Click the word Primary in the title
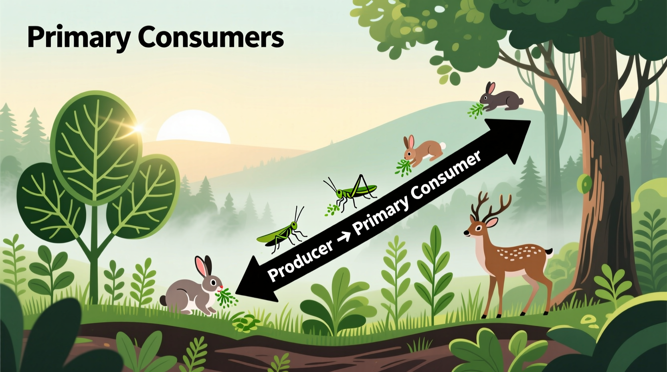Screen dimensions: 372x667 pyautogui.click(x=79, y=38)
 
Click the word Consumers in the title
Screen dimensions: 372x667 pyautogui.click(x=211, y=38)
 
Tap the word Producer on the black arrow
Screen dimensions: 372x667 pyautogui.click(x=300, y=261)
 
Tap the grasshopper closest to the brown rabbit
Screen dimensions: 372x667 pyautogui.click(x=353, y=191)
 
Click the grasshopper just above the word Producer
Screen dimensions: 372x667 pyautogui.click(x=282, y=232)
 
